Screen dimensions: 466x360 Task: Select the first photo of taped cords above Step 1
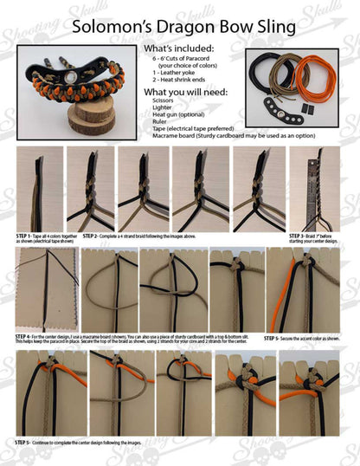(39, 187)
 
